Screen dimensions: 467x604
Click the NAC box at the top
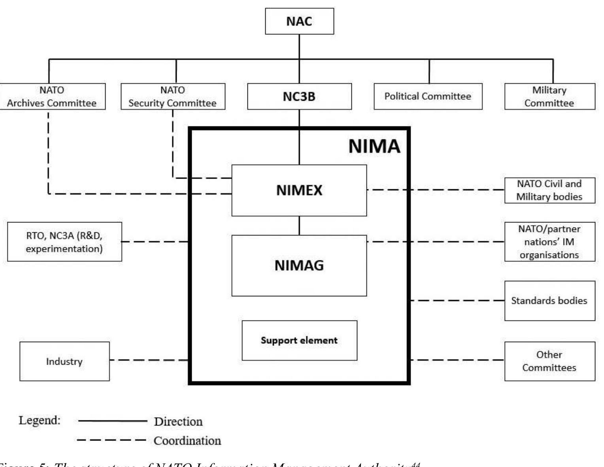(299, 21)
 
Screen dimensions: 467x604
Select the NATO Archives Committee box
(52, 96)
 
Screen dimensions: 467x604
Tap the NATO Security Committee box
(173, 96)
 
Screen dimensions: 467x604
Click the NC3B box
(299, 96)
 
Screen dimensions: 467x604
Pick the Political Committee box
(428, 96)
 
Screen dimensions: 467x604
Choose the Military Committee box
(549, 96)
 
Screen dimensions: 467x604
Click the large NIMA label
(374, 146)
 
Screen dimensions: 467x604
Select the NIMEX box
(299, 190)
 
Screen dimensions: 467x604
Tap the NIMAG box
(299, 266)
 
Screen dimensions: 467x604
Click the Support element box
(299, 341)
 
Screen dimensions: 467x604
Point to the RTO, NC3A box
(64, 242)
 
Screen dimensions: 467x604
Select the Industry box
(64, 362)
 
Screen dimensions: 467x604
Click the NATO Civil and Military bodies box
(549, 190)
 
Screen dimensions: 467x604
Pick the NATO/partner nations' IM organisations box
(549, 242)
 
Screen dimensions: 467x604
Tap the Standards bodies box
(549, 301)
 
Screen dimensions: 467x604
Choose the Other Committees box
(549, 362)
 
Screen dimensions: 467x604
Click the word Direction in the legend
(178, 422)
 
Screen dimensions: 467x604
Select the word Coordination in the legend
(187, 441)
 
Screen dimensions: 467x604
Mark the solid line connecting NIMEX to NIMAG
(299, 226)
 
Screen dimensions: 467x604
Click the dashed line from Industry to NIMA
(149, 360)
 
